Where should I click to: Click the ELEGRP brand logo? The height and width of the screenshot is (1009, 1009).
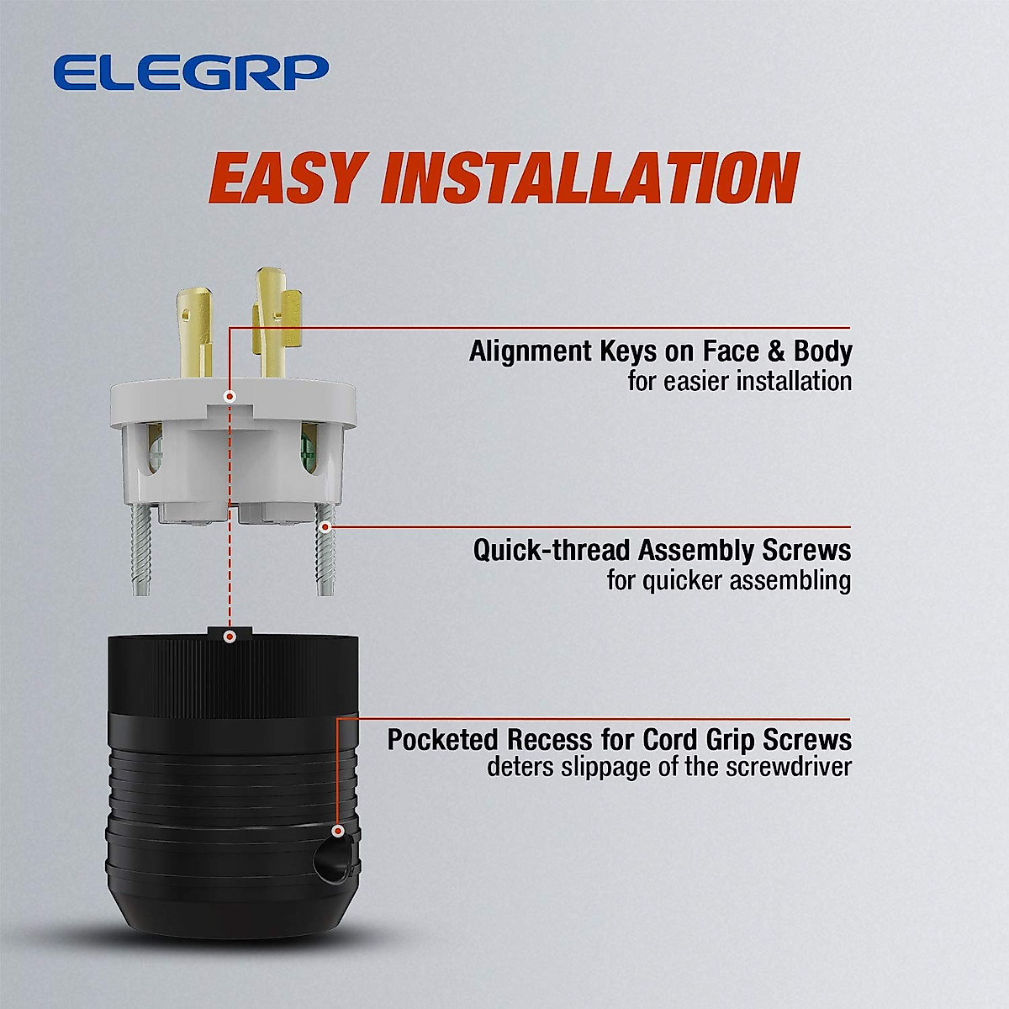tap(190, 72)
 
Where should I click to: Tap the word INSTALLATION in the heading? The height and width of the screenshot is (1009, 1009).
tap(589, 178)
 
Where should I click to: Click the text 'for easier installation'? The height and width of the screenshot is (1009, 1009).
tap(739, 381)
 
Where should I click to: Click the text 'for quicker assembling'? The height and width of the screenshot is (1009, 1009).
tap(728, 580)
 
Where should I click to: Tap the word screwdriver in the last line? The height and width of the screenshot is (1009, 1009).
tap(789, 767)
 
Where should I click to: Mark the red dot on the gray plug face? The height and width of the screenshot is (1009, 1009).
tap(230, 395)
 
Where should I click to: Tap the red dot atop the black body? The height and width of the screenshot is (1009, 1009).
tap(229, 637)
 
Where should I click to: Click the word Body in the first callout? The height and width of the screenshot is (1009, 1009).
tap(822, 351)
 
